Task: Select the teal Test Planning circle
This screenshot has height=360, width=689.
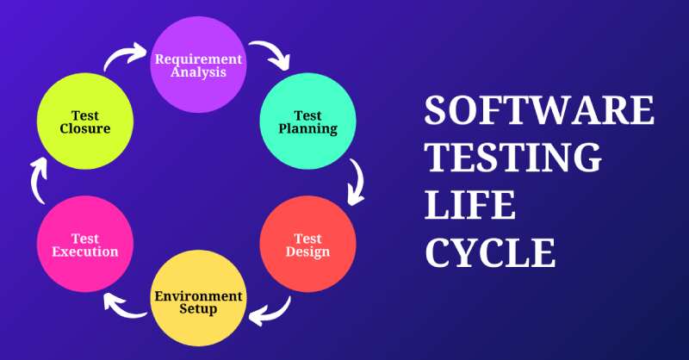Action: [x=307, y=122]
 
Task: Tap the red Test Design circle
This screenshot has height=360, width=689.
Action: [x=307, y=245]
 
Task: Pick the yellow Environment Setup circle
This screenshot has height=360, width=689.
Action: [x=197, y=301]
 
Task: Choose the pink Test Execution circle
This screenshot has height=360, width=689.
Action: [x=84, y=245]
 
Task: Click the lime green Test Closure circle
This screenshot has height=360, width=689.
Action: [x=84, y=122]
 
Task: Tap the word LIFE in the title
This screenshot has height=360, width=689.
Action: [x=471, y=208]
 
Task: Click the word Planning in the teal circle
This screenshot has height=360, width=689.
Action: [x=307, y=129]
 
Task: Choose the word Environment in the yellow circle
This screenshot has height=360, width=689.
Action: [x=197, y=295]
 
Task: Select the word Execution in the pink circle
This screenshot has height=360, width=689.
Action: [x=84, y=251]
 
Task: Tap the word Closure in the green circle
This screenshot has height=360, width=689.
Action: [x=84, y=129]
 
